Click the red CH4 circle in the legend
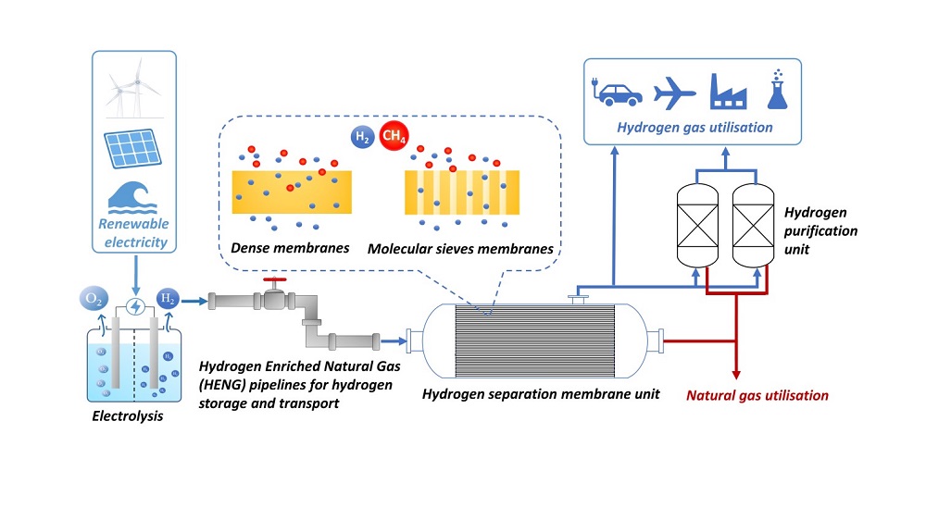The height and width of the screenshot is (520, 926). pyautogui.click(x=394, y=138)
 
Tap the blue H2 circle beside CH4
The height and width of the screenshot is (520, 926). pyautogui.click(x=363, y=138)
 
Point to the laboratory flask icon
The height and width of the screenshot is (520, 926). pyautogui.click(x=776, y=89)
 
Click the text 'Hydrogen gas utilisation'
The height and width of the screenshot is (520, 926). pyautogui.click(x=694, y=127)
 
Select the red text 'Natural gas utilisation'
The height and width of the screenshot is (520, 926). pyautogui.click(x=757, y=395)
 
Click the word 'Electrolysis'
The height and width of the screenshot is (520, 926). pyautogui.click(x=128, y=416)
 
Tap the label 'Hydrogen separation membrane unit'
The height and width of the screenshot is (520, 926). pyautogui.click(x=541, y=394)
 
